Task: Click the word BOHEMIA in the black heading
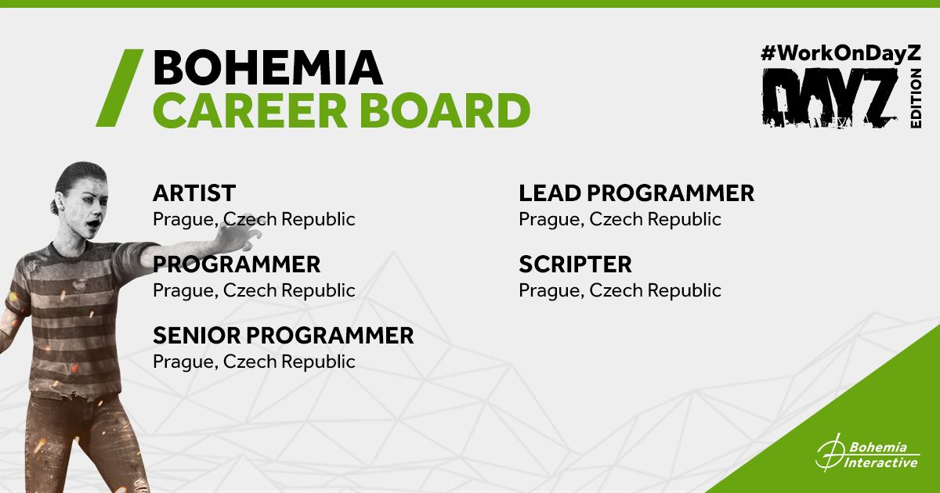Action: pos(268,67)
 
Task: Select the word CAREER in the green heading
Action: pos(250,110)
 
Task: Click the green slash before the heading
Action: pos(120,88)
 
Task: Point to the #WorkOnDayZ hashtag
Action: pos(841,54)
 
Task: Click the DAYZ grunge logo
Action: pos(830,98)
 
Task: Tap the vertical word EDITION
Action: pos(916,99)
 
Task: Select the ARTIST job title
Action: pos(194,193)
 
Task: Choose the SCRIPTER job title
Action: pos(575,264)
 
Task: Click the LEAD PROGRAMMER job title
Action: pos(637,193)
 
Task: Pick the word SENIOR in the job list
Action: pos(197,336)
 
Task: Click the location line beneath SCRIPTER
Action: pos(620,290)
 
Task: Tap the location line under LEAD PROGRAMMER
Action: pos(620,219)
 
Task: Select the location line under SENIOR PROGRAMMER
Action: pos(254,362)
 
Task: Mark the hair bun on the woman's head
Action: pos(54,207)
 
